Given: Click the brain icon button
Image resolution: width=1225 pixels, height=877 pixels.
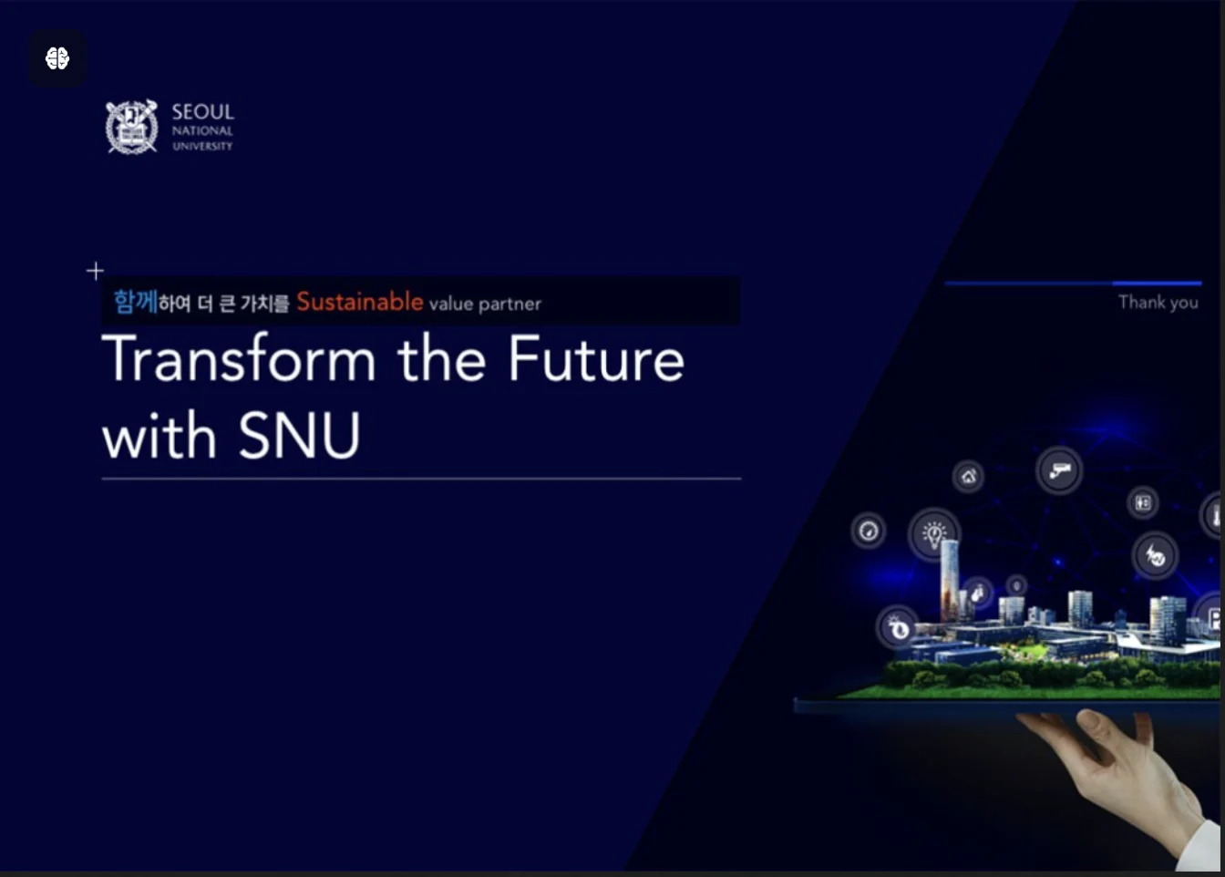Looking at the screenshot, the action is [x=57, y=58].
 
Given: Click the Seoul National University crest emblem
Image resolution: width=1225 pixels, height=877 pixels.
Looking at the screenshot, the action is [x=132, y=127].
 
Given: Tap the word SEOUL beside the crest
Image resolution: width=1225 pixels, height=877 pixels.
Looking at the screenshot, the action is [x=203, y=112].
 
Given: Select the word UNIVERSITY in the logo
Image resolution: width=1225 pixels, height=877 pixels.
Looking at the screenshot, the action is [x=202, y=146].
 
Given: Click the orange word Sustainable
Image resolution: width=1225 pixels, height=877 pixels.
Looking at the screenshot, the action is [x=360, y=302].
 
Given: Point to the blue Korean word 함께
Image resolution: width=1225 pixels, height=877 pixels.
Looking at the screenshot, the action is [x=136, y=302].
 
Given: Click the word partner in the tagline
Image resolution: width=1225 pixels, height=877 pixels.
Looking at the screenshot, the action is [x=510, y=304].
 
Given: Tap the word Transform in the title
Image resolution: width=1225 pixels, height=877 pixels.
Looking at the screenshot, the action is [x=239, y=359].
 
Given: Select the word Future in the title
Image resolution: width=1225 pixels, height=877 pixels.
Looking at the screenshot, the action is [x=596, y=359].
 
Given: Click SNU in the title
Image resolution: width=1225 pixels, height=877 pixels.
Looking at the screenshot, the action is [x=300, y=436].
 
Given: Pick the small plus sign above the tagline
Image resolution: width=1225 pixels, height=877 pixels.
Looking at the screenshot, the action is [x=95, y=271].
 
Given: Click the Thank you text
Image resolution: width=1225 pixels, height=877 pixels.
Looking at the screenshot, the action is [x=1158, y=302].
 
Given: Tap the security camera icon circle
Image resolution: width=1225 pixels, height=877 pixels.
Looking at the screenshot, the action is [x=1059, y=470].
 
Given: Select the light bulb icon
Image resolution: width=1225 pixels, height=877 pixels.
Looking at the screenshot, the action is [x=933, y=533].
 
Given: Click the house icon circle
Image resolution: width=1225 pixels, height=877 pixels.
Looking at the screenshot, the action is [x=969, y=476].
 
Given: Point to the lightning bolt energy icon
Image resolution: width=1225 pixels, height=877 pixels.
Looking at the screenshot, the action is [x=1155, y=556].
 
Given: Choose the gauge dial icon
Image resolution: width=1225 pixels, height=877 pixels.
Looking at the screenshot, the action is [x=869, y=531].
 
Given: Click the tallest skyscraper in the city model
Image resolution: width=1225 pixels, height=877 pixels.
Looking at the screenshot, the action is [x=950, y=581].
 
